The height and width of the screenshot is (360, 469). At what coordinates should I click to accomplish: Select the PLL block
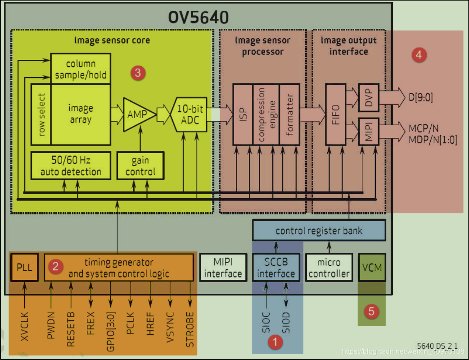click(24, 267)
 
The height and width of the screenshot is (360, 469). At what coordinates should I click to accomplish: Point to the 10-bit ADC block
click(189, 114)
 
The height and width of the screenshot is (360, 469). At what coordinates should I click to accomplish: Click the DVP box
click(369, 97)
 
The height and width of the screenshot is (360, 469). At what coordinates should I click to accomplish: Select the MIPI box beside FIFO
click(369, 131)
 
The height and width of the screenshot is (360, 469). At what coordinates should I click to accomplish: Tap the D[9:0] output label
click(420, 97)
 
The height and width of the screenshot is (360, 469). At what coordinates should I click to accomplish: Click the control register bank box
click(319, 231)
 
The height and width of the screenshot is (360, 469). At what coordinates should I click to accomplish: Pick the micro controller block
click(328, 268)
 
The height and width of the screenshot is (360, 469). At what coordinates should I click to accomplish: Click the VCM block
click(372, 267)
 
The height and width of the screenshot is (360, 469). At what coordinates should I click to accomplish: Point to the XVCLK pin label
click(25, 326)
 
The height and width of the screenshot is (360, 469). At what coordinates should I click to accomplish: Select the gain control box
click(140, 166)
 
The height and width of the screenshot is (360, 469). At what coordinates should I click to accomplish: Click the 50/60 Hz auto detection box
click(71, 166)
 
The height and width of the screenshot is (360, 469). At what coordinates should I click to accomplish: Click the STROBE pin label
click(190, 329)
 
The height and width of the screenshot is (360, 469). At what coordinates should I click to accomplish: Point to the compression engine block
click(266, 114)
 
